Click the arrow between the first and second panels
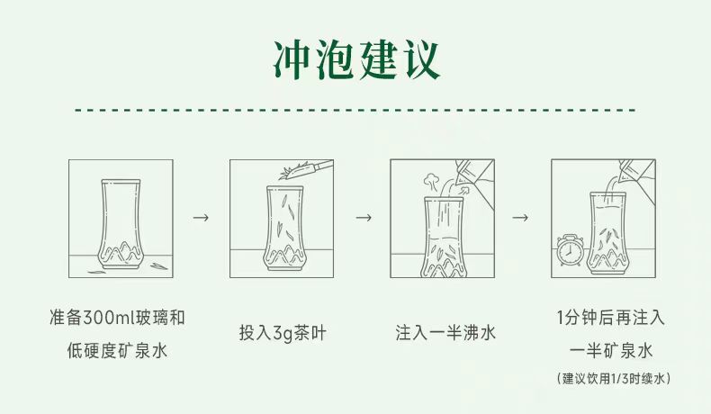click(202, 218)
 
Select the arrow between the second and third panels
click(363, 218)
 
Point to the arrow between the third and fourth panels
click(520, 218)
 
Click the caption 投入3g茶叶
click(283, 332)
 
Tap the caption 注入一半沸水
click(445, 332)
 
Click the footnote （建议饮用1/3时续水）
click(612, 379)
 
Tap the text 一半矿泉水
click(612, 351)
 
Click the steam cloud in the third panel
click(430, 179)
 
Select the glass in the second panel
click(283, 229)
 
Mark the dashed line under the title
click(355, 110)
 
